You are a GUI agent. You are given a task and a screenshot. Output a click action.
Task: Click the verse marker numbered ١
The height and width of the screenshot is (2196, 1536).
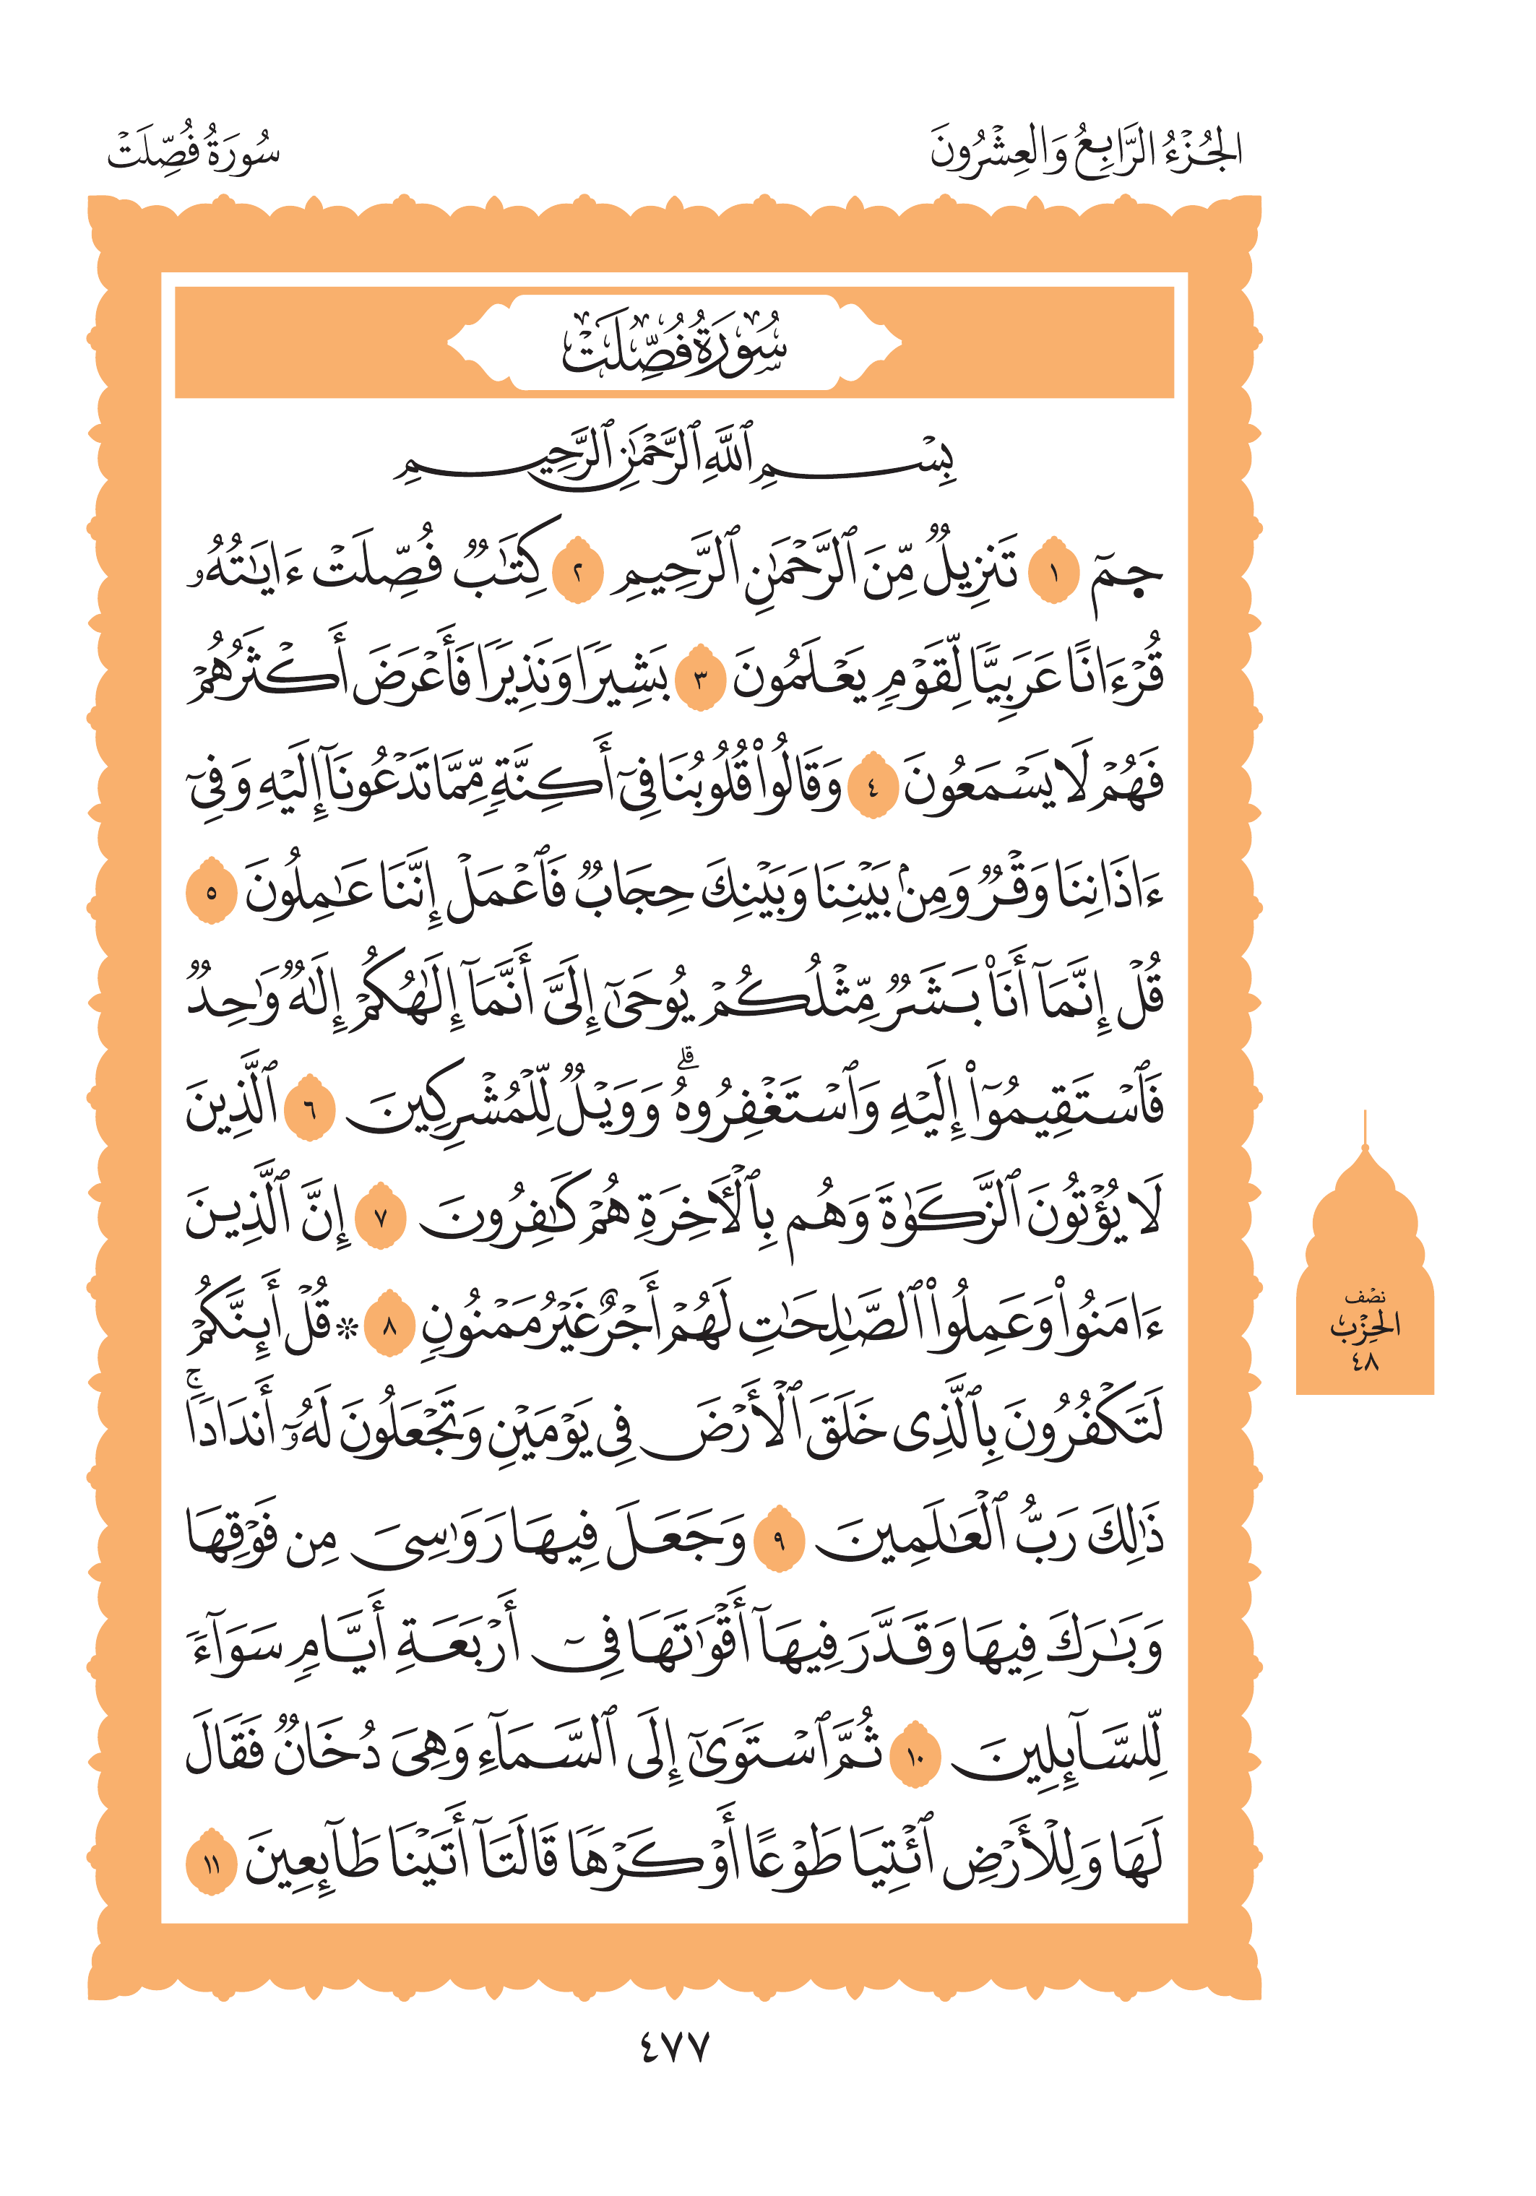pyautogui.click(x=1053, y=575)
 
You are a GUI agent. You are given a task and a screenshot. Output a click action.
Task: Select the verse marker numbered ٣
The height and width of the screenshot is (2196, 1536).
pyautogui.click(x=700, y=681)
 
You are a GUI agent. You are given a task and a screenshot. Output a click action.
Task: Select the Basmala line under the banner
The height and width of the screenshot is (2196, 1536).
pyautogui.click(x=674, y=459)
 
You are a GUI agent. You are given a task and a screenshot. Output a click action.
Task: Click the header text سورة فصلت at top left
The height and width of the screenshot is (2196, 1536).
pyautogui.click(x=193, y=151)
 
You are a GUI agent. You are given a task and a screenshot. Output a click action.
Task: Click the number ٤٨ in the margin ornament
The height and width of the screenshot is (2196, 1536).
pyautogui.click(x=1365, y=1361)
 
